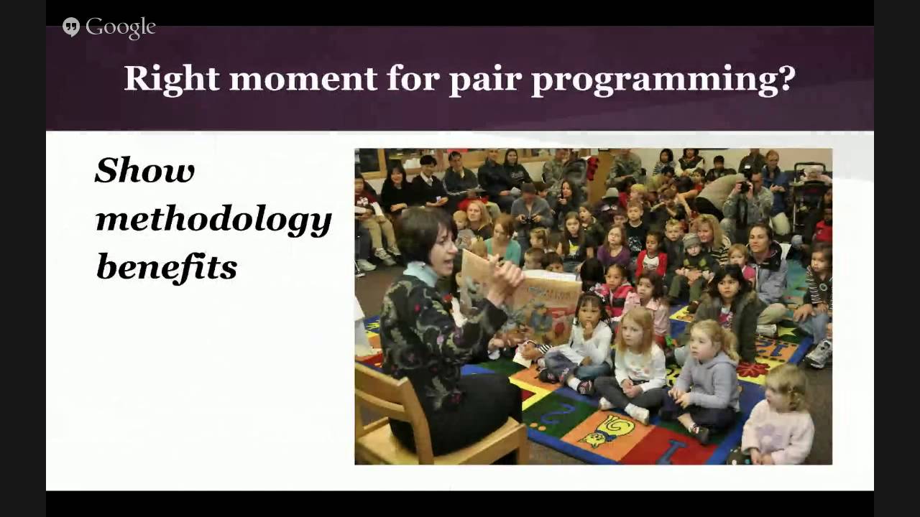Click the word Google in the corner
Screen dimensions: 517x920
pos(121,27)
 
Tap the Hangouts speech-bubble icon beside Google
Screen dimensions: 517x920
pos(71,27)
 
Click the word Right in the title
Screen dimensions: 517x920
pos(171,78)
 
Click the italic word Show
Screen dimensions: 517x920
pos(144,171)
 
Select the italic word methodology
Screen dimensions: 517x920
pos(213,220)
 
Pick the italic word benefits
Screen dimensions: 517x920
pos(166,267)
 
